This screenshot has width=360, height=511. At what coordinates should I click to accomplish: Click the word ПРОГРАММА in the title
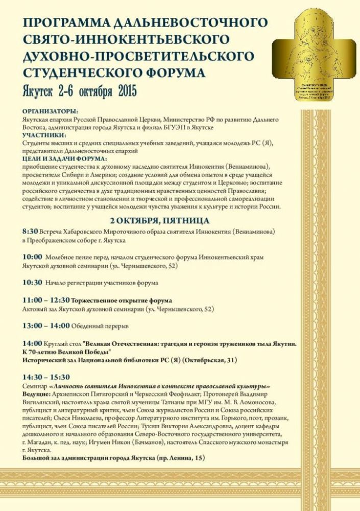pos(62,22)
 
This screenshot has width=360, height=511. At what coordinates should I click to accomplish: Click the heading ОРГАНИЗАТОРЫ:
pos(50,111)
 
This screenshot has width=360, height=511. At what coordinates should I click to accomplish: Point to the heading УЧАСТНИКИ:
pos(44,135)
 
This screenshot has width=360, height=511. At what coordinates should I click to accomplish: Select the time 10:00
pos(32,257)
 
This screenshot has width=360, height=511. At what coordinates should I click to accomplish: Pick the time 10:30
pos(32,282)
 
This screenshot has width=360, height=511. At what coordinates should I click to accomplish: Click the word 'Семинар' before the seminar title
pos(35,386)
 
